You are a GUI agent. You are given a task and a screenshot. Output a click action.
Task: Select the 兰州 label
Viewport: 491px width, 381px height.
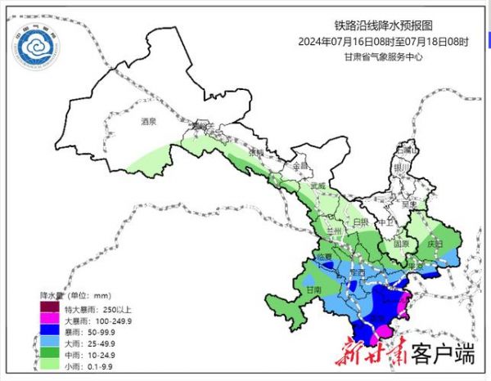331,232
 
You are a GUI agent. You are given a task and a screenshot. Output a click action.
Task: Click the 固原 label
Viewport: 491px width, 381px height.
400,243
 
